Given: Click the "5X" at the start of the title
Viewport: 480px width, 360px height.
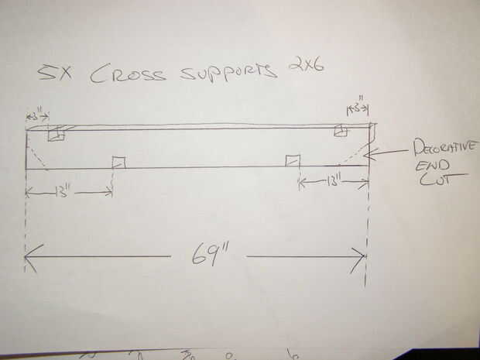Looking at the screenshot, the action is pos(52,74).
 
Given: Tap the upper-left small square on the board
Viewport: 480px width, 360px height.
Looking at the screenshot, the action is pos(55,135).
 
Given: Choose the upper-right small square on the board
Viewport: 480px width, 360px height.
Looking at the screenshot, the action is pos(340,132).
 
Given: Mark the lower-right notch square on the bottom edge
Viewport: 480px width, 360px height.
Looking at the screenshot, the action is pos(293,160).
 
